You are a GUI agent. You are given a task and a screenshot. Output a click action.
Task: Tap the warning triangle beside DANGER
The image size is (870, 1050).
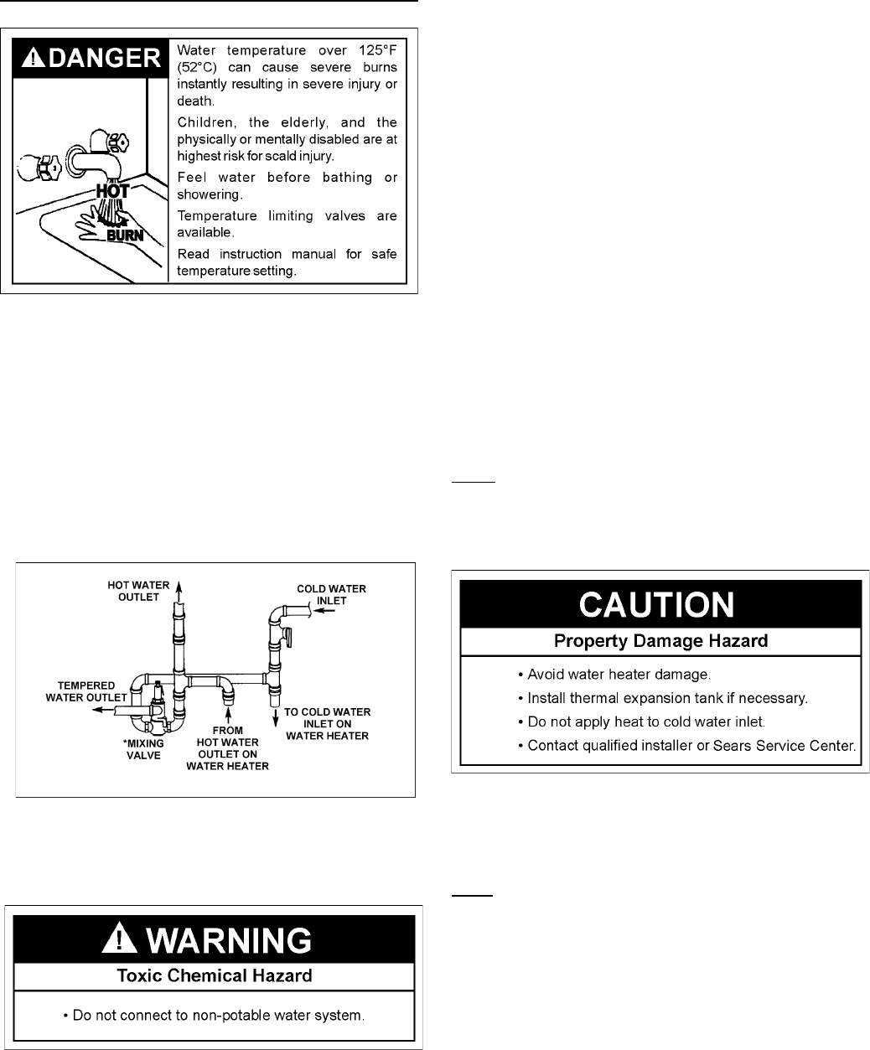29,58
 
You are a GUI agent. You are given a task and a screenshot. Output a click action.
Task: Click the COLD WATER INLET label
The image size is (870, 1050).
332,595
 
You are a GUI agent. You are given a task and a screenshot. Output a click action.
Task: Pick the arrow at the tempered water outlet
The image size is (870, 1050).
103,708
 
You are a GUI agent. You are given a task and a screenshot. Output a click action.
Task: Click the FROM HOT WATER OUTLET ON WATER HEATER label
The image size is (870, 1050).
227,747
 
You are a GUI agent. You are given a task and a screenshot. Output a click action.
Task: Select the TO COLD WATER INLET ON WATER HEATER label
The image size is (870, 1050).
327,724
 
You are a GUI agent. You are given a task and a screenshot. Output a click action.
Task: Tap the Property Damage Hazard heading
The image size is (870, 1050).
660,643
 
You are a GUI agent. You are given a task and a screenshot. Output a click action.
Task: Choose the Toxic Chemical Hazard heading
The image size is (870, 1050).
213,975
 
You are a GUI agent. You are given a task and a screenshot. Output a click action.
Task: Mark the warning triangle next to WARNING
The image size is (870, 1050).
118,940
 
